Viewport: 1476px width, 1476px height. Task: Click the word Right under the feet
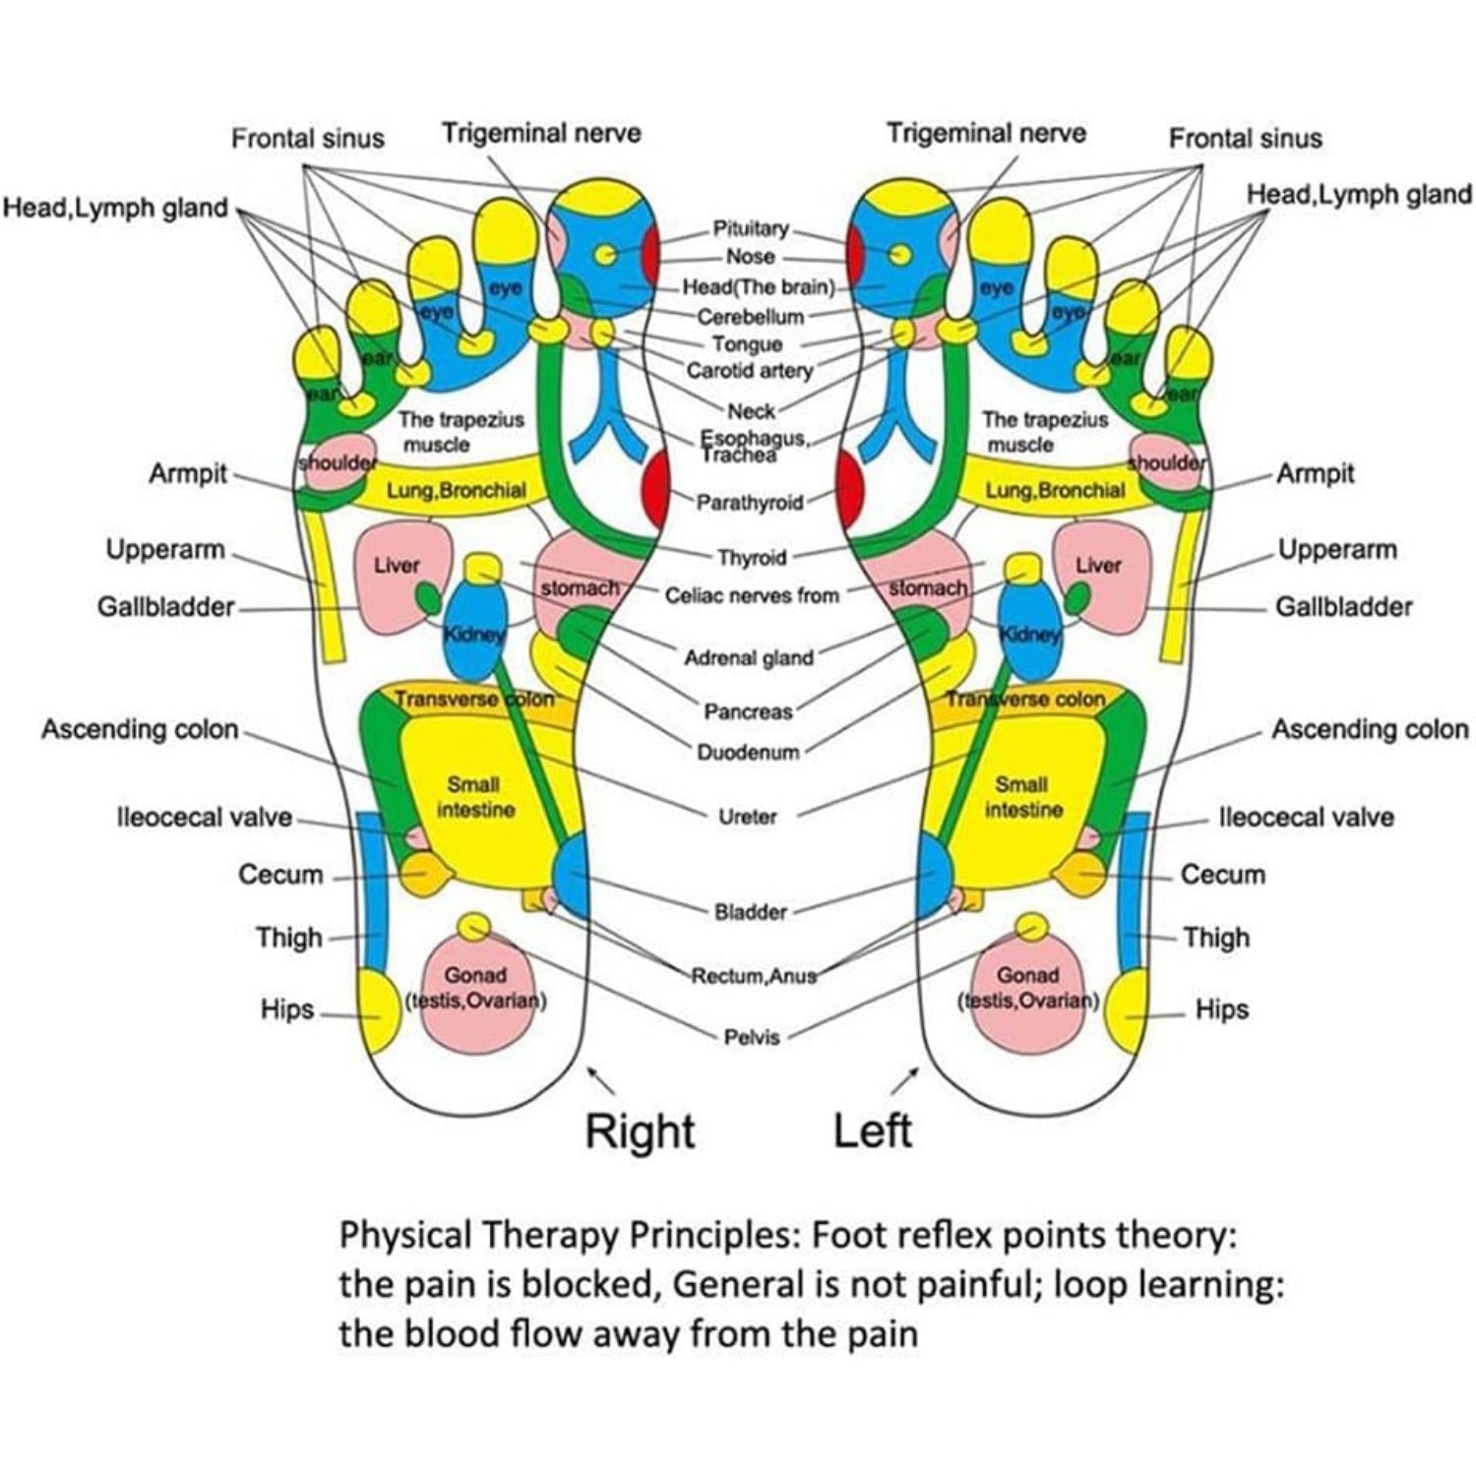tap(640, 1131)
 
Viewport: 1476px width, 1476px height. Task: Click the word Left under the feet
tap(872, 1131)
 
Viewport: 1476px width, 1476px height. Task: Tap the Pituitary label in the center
tap(751, 229)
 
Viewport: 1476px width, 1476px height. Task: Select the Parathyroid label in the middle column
tap(750, 503)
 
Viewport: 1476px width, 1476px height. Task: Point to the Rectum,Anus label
tap(754, 976)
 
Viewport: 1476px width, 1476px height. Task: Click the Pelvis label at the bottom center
tap(751, 1037)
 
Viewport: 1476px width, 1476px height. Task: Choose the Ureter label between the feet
tap(748, 816)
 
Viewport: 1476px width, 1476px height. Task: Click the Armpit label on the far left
tap(187, 474)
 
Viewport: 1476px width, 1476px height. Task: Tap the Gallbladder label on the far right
tap(1343, 607)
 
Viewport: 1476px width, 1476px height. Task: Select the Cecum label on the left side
tap(280, 875)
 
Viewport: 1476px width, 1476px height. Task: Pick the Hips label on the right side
tap(1221, 1010)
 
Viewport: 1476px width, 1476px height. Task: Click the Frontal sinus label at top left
tap(307, 139)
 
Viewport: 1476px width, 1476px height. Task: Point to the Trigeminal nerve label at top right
tap(986, 134)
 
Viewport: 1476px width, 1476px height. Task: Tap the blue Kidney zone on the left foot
tap(1029, 635)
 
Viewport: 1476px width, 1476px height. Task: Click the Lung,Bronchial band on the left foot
tap(1055, 490)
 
